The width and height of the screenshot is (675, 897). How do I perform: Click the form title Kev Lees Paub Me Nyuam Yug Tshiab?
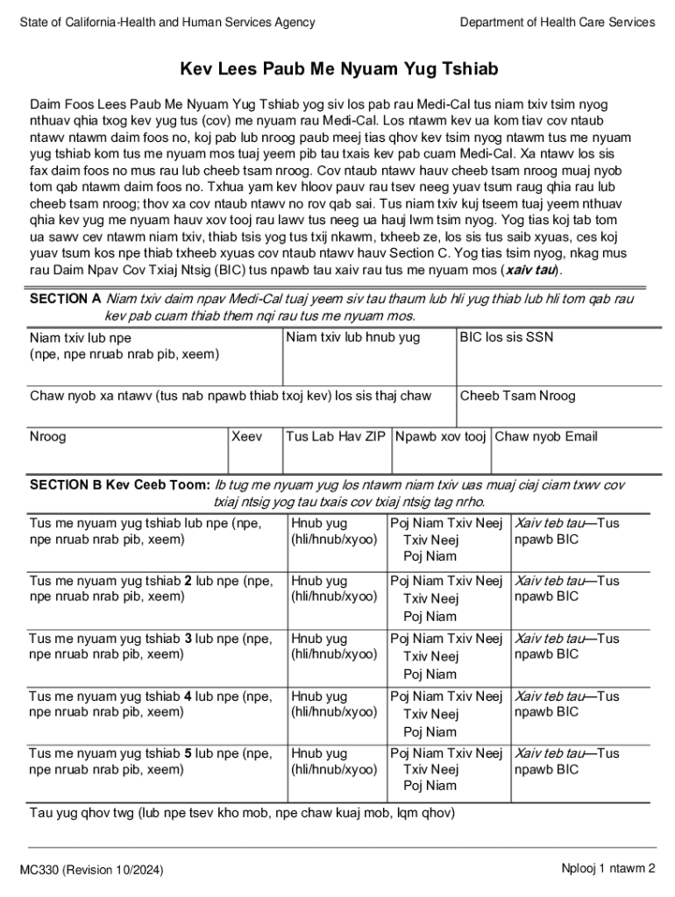[339, 68]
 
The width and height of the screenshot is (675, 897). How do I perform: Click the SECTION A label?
[66, 300]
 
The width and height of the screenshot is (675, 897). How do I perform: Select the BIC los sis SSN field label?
[507, 337]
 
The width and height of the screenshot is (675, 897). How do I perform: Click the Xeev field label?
[246, 436]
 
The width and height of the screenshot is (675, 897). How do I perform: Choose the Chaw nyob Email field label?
[546, 436]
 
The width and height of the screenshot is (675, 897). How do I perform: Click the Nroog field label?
[47, 436]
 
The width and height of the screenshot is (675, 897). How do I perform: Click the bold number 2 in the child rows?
[188, 581]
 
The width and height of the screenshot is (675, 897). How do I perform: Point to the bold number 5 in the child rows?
[188, 753]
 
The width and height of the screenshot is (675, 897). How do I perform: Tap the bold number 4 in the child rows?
[188, 696]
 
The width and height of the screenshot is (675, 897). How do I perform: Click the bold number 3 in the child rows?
[188, 639]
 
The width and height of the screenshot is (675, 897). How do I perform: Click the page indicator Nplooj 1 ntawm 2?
[608, 869]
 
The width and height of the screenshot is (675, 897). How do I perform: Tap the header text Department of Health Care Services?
[557, 23]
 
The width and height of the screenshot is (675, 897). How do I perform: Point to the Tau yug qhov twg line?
[242, 813]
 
